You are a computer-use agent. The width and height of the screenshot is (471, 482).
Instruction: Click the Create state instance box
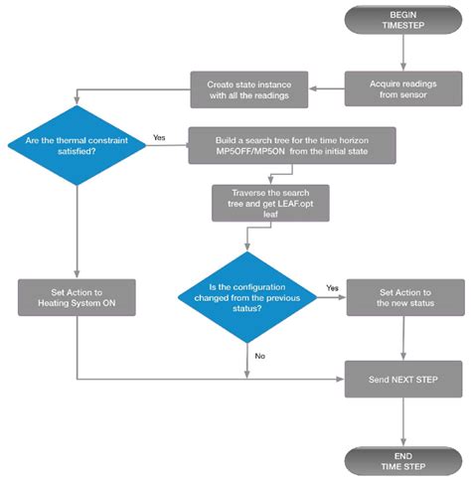250,87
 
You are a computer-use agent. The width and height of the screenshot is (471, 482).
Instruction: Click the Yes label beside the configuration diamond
332,285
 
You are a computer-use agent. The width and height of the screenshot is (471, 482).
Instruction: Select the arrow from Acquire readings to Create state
327,87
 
